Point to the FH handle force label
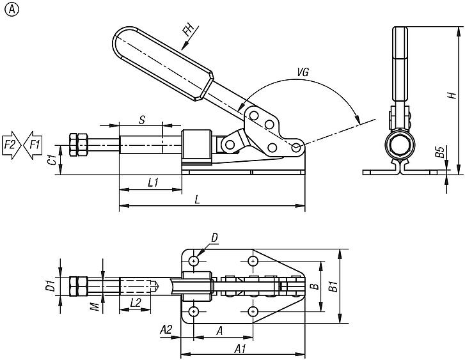tap(188, 31)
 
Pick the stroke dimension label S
tap(141, 118)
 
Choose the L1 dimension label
tap(152, 182)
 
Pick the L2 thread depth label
tap(135, 302)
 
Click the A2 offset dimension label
tap(165, 329)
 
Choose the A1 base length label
tap(240, 348)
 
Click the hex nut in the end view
tap(400, 145)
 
